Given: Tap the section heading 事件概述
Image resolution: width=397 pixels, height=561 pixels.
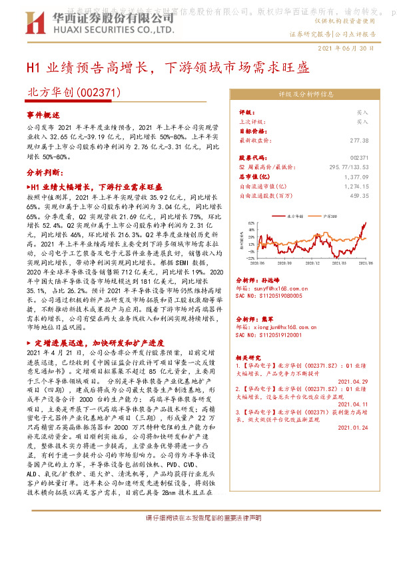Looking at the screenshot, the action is [x=41, y=114].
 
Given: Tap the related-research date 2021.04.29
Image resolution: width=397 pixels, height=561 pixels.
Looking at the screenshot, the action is [x=352, y=382].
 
